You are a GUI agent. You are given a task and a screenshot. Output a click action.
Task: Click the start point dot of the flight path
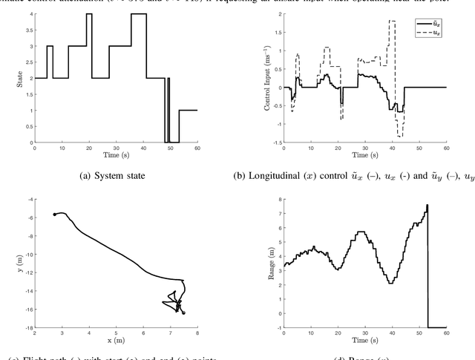[55, 215]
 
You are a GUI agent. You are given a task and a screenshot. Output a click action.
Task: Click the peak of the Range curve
[427, 205]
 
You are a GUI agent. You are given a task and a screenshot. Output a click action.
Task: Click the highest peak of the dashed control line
[392, 21]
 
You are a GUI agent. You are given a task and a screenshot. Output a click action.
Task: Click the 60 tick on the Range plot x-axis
[446, 333]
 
